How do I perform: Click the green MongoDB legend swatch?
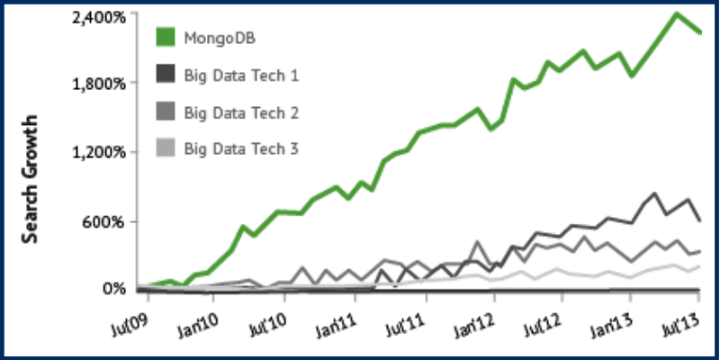(166, 38)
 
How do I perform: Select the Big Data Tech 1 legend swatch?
(166, 75)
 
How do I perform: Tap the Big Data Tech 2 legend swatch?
(166, 112)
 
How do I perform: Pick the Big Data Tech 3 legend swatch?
(166, 148)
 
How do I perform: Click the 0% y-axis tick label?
(112, 289)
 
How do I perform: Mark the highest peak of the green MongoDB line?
(676, 13)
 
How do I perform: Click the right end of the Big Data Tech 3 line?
(699, 265)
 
